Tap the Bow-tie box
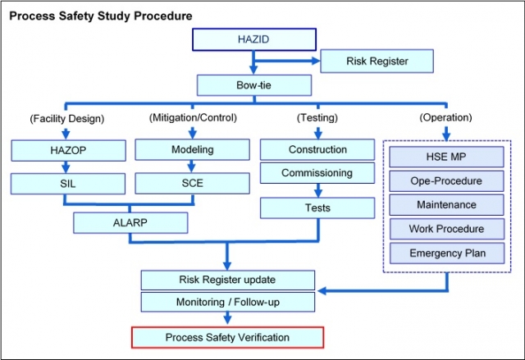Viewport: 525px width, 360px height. (254, 84)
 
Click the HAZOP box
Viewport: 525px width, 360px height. (68, 150)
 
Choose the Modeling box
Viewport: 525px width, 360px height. (192, 149)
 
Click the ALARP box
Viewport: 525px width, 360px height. (130, 222)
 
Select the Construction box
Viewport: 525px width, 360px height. (317, 149)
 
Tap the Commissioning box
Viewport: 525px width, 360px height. (317, 173)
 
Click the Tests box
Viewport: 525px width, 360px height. (317, 208)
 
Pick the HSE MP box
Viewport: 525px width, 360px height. (446, 157)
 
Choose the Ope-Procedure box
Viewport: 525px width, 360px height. (446, 180)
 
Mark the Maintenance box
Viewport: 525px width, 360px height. (446, 204)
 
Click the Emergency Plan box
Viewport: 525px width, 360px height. (446, 253)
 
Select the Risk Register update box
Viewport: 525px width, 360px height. (227, 280)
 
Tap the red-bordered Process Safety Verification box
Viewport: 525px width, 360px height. (227, 337)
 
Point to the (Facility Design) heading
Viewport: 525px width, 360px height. (67, 118)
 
